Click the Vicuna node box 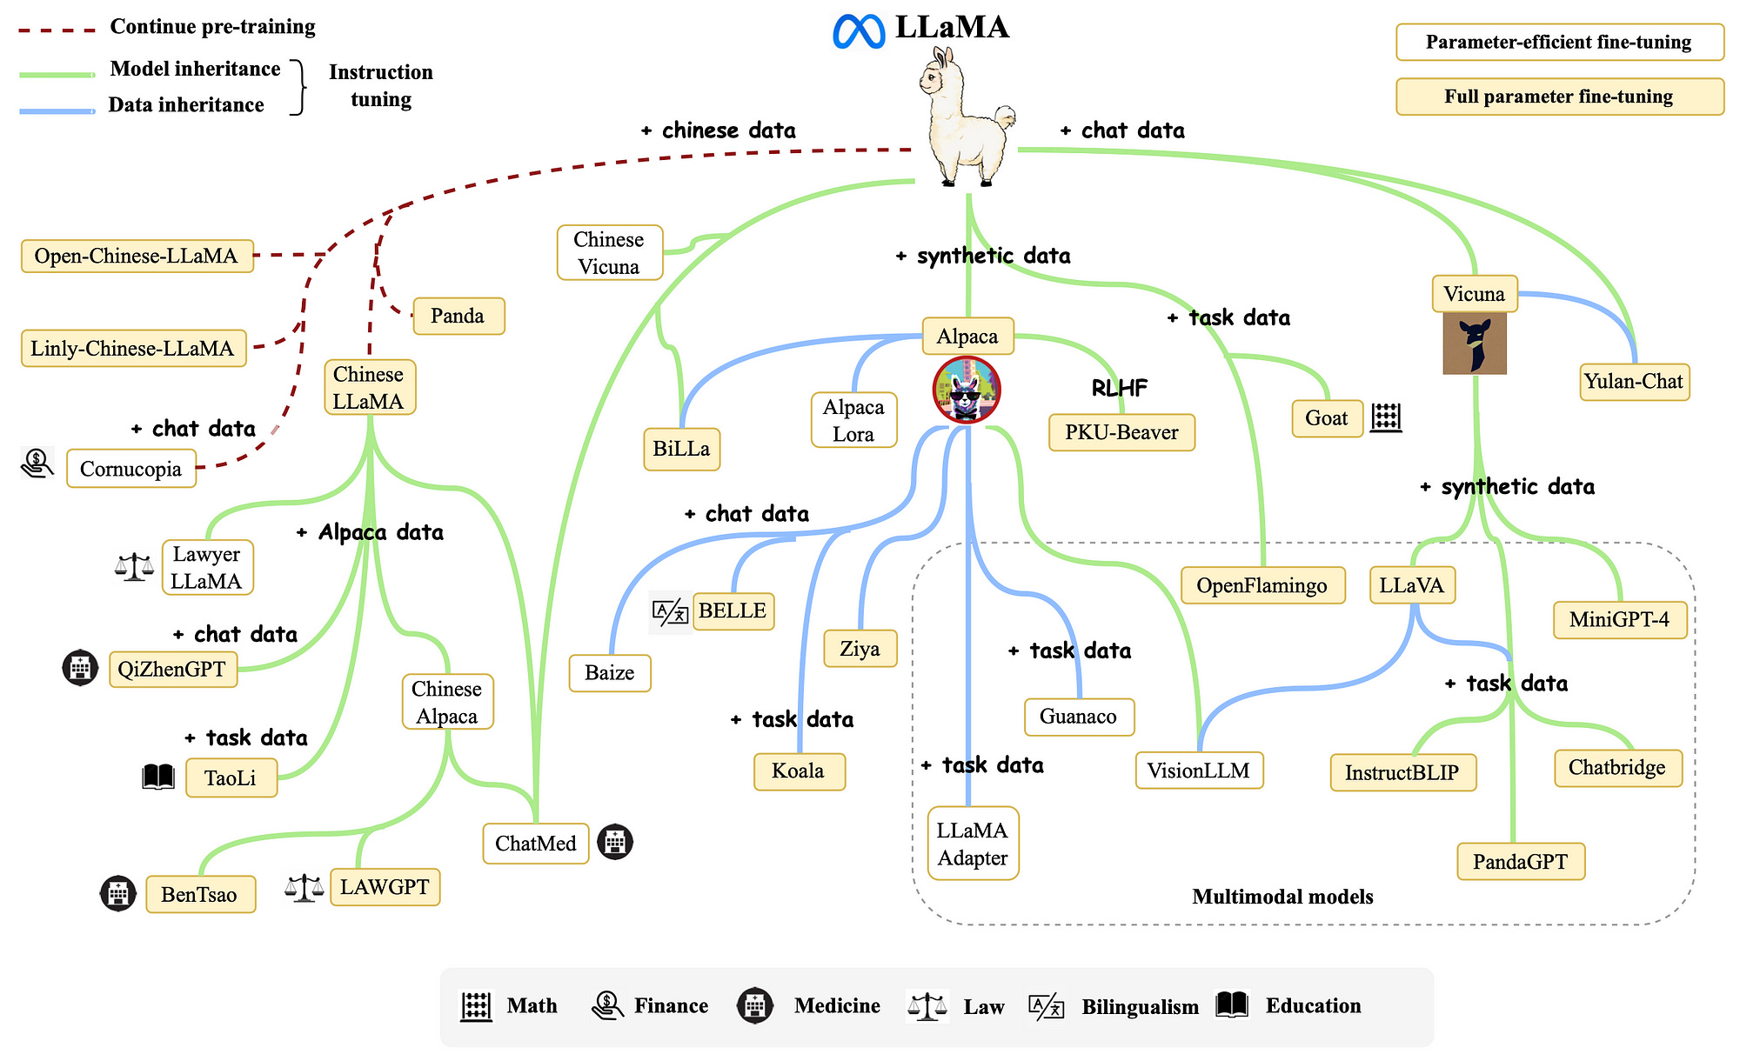[1474, 294]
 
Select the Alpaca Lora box [853, 420]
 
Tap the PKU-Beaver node [1121, 432]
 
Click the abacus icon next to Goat [1386, 418]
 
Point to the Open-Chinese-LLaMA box [137, 256]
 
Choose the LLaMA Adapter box [973, 844]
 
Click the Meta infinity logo [859, 30]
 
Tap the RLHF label [1119, 389]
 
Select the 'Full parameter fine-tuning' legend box [1559, 97]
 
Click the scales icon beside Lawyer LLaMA [134, 568]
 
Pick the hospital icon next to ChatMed [615, 842]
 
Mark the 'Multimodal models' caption [1282, 897]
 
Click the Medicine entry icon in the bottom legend [755, 1005]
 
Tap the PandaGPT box [1520, 862]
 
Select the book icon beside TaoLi [158, 777]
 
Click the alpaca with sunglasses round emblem [966, 390]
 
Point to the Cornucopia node [130, 470]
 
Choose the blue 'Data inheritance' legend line [57, 110]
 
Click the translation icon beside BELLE [671, 612]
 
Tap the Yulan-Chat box [1633, 382]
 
